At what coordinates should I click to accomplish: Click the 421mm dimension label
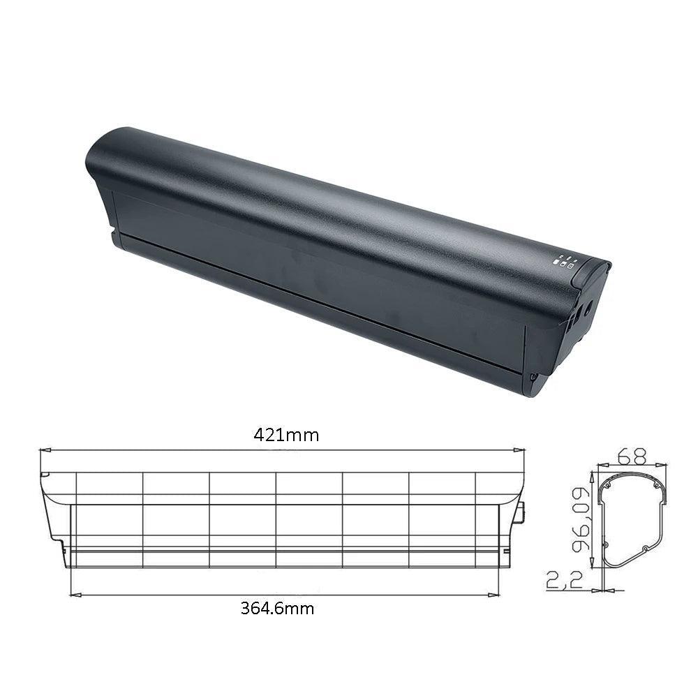coord(286,436)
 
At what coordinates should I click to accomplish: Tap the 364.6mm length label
coord(277,608)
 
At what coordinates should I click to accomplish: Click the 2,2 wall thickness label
coord(557,579)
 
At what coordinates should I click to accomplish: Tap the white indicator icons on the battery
coord(563,262)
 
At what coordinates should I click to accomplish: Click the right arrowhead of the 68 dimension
coord(664,466)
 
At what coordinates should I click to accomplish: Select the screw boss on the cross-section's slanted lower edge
coord(607,544)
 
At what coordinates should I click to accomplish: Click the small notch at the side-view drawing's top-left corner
coord(44,475)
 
